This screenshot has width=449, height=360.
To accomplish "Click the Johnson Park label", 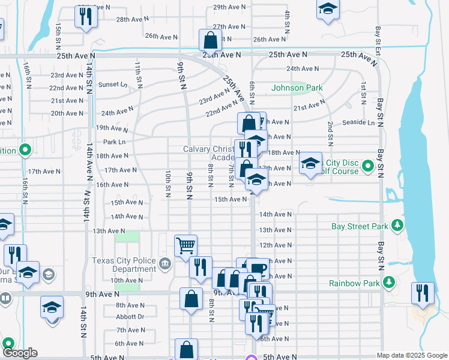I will (x=297, y=88).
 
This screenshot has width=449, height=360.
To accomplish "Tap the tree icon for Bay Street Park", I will (x=397, y=226).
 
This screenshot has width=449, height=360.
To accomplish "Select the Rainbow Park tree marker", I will (x=390, y=282).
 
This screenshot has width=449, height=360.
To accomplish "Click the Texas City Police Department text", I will (x=123, y=265).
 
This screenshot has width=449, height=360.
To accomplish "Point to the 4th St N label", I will (x=288, y=22).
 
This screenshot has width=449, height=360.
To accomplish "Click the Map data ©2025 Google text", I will (x=411, y=355).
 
